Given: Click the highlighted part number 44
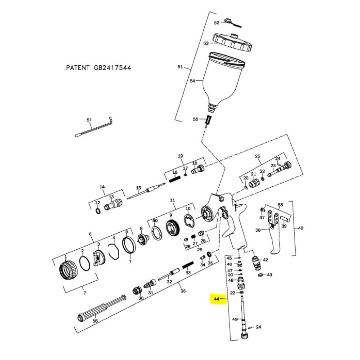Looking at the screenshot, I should pos(216,298).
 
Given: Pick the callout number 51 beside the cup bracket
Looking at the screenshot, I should pos(180,67).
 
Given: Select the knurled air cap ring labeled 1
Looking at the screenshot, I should pos(66,270).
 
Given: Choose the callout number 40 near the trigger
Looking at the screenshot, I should pos(301,229).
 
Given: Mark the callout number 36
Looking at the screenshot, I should pos(183,291).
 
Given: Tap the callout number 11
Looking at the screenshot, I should pos(172,200).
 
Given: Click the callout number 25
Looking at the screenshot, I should pos(258,156).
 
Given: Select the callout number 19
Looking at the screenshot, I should pos(180,156).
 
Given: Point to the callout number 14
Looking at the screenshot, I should pos(102,187).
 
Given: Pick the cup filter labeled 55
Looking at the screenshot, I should pos(208,121).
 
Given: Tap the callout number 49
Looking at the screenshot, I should pos(234,319).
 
